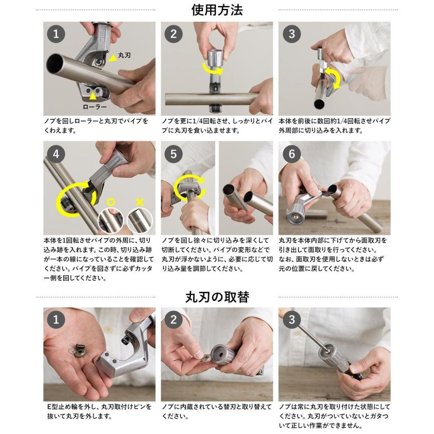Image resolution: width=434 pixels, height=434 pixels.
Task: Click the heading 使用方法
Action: coord(217,10)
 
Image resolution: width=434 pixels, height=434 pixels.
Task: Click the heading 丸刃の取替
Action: coord(217,297)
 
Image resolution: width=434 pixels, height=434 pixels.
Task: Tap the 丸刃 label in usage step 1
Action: coord(124,55)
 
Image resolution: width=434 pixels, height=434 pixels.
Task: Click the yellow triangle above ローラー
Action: coord(93,96)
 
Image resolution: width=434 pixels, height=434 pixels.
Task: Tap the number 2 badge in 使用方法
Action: coord(174,34)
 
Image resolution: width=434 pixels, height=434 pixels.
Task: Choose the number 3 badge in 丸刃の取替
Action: coord(291,320)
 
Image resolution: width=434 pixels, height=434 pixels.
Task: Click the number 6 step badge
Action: coord(291,154)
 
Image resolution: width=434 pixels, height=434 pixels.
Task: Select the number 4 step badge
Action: coord(56,154)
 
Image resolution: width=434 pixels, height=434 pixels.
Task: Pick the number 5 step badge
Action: coord(174,154)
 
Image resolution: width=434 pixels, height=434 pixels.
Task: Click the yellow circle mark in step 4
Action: coord(111,202)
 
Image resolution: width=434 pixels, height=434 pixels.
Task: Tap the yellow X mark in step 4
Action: coord(140,202)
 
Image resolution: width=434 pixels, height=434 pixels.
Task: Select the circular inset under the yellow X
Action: coord(140,220)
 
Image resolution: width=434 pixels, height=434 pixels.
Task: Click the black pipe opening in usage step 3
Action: coord(319,104)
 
